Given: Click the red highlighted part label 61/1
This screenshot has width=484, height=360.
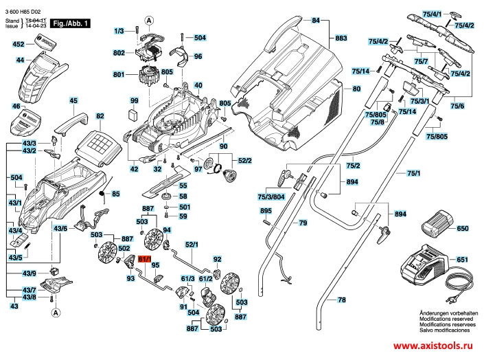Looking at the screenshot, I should coord(145,259).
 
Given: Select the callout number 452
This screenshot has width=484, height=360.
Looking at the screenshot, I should coord(19,44).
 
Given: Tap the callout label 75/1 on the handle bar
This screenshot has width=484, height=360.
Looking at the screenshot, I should coord(413,172).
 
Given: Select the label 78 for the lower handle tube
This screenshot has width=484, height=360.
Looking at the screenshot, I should coord(342,300).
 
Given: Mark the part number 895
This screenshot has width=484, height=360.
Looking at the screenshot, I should coord(266,210).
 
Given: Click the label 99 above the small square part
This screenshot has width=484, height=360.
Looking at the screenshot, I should coord(135,101).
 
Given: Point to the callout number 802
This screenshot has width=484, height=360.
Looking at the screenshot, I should coord(119,52).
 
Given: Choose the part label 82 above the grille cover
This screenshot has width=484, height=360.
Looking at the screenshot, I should coord(100,116).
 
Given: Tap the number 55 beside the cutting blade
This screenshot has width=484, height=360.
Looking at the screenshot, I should coord(183,185).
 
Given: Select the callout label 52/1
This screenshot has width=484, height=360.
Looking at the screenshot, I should coord(192,244).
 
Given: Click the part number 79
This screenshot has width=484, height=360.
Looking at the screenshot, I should coord(302,223).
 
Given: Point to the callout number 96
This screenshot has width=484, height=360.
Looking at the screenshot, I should coord(198,56).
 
